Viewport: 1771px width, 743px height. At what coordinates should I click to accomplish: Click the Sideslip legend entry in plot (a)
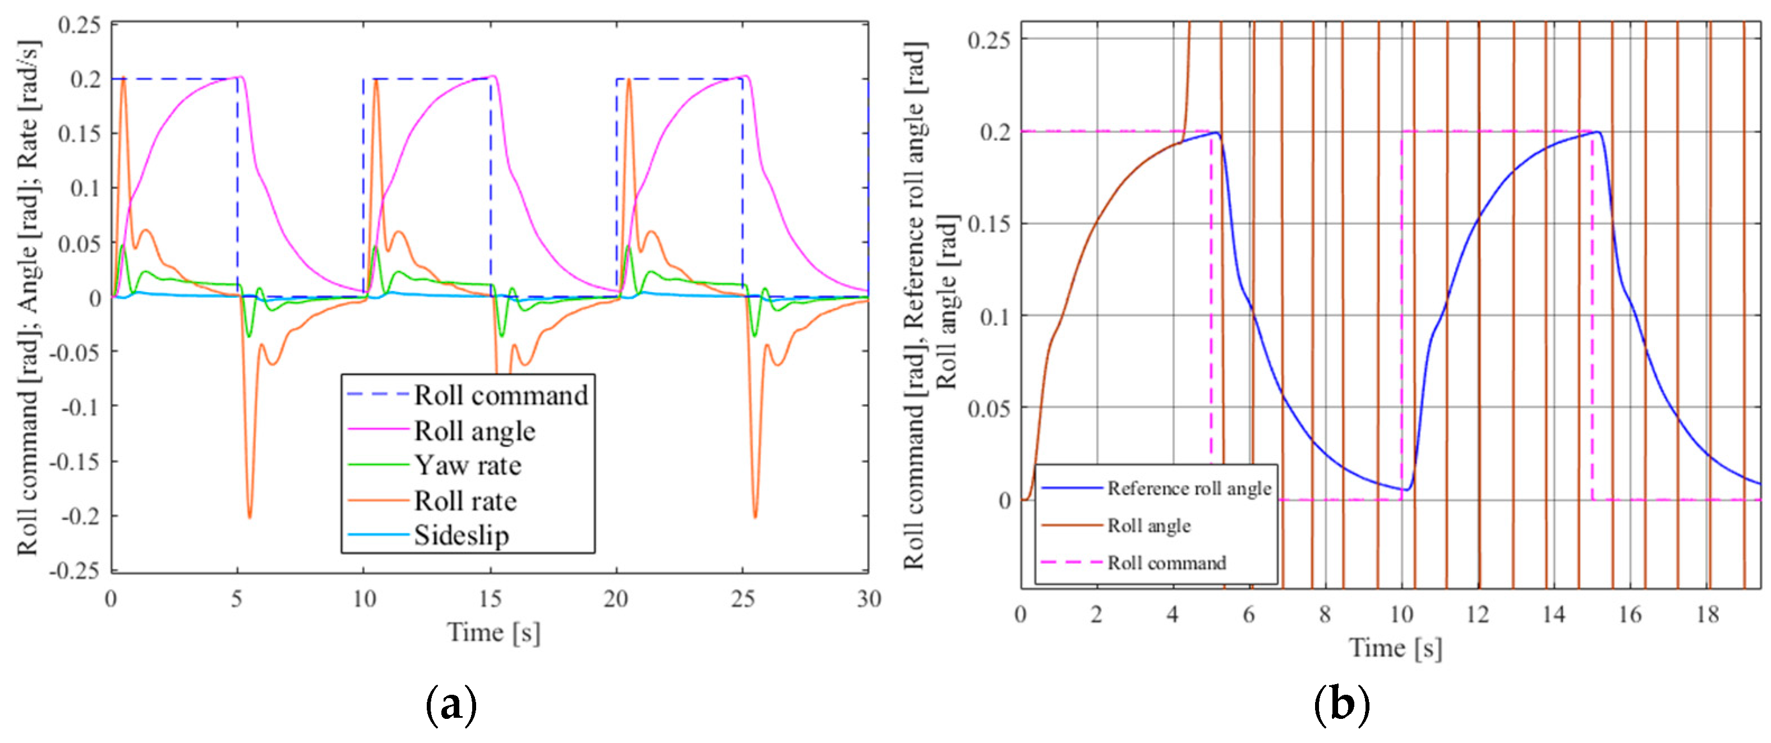pyautogui.click(x=460, y=536)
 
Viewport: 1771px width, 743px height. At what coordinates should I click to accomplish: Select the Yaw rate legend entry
pyautogui.click(x=468, y=465)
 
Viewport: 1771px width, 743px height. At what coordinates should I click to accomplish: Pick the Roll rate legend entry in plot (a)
pyautogui.click(x=465, y=501)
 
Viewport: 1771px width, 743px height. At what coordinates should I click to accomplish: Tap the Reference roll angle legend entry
pyautogui.click(x=1189, y=488)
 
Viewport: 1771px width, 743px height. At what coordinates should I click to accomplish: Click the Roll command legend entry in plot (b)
pyautogui.click(x=1166, y=563)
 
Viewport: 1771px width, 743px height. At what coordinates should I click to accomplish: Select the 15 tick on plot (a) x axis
pyautogui.click(x=490, y=599)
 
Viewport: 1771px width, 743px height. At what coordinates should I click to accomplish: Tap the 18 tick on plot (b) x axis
pyautogui.click(x=1708, y=614)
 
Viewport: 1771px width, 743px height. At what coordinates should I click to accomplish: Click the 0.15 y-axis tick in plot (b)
pyautogui.click(x=989, y=224)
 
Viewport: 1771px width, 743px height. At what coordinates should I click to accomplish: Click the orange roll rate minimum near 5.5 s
pyautogui.click(x=249, y=516)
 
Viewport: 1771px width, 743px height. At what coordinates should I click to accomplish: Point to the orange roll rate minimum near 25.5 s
pyautogui.click(x=755, y=516)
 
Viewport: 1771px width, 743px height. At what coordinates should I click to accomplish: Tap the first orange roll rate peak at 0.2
pyautogui.click(x=123, y=79)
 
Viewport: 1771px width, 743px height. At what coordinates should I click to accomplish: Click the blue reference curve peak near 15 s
pyautogui.click(x=1598, y=132)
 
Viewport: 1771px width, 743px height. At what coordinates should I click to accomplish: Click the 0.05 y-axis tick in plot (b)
pyautogui.click(x=989, y=408)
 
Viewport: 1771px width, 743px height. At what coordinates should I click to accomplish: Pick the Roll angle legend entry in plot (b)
pyautogui.click(x=1148, y=526)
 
